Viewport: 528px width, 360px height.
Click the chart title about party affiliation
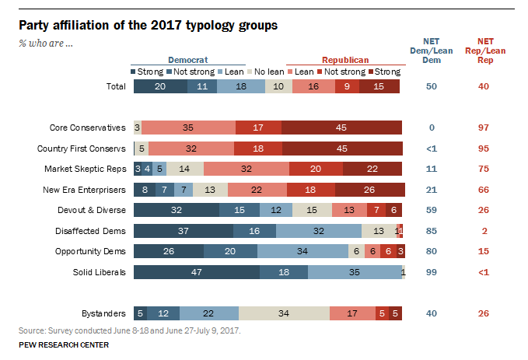149,25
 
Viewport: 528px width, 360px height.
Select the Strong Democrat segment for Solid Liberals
196,272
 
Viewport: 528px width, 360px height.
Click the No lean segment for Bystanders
284,313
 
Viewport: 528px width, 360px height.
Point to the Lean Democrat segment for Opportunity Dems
303,251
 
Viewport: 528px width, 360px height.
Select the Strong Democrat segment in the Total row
160,86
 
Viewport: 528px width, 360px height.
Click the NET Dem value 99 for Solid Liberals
432,272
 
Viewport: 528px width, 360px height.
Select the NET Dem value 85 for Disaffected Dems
432,231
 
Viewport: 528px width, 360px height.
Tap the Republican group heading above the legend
345,59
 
